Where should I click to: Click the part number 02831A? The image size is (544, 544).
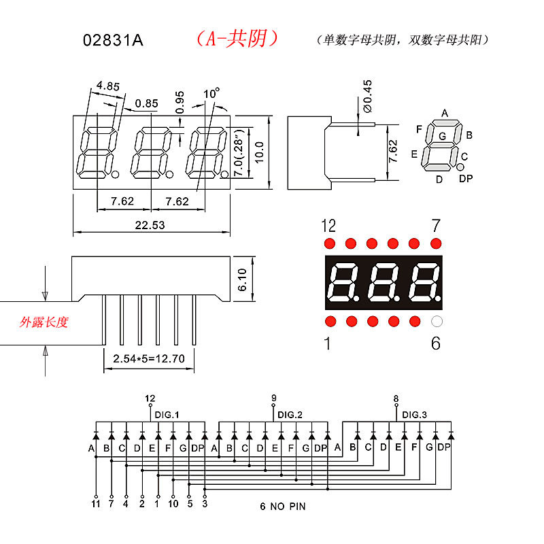(x=113, y=40)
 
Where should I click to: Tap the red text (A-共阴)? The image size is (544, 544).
(x=237, y=39)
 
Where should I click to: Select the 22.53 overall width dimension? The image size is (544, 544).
(x=150, y=225)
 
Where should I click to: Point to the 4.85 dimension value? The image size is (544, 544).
(x=108, y=86)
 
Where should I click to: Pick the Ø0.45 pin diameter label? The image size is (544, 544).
(x=368, y=96)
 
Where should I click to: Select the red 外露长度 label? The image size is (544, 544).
(x=44, y=322)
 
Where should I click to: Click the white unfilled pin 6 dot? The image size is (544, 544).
(x=437, y=321)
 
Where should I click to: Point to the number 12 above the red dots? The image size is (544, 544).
(x=328, y=226)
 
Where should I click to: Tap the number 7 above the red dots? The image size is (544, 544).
(x=436, y=226)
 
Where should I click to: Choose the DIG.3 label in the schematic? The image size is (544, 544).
(x=415, y=415)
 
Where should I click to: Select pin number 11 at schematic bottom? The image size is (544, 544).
(x=96, y=504)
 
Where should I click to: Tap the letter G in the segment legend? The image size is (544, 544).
(x=442, y=136)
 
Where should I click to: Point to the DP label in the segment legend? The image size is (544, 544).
(x=466, y=179)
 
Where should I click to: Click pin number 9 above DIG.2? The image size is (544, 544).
(x=273, y=398)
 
